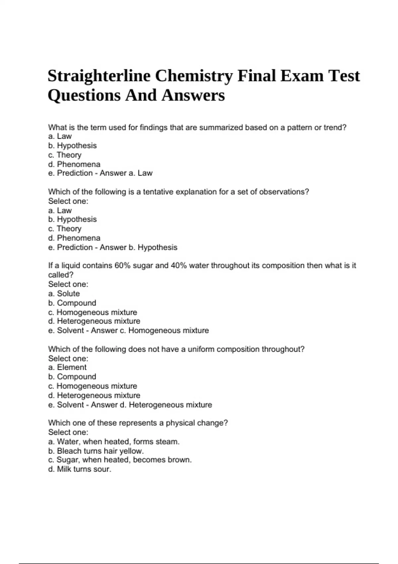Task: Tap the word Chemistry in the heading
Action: pos(194,76)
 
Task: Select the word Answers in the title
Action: pos(193,95)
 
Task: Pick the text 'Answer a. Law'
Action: pos(126,173)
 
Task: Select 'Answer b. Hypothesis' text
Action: pos(138,247)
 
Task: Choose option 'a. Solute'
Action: pos(64,294)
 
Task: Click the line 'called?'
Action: pos(61,275)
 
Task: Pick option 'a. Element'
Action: pos(67,368)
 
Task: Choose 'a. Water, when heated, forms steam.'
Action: pos(114,442)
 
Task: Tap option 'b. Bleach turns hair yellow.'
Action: pos(96,451)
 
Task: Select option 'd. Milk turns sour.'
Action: pos(80,469)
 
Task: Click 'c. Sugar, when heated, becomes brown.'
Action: pos(120,460)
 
